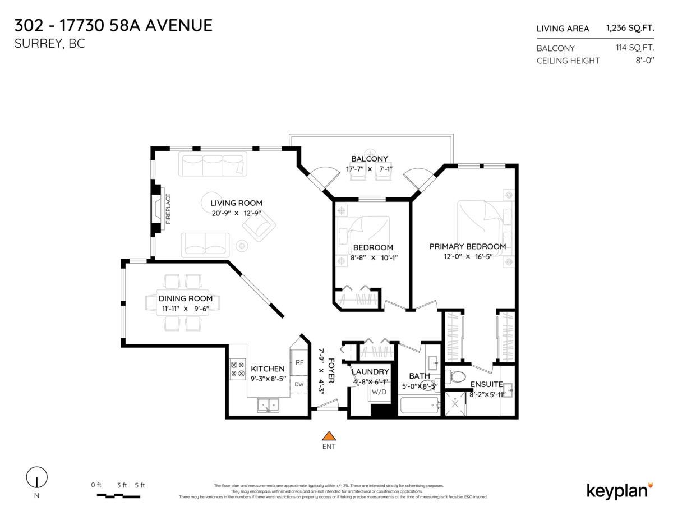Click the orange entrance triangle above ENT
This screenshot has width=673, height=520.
tap(329, 436)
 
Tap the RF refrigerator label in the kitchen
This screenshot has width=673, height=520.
tap(299, 363)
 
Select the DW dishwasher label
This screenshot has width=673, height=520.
tap(299, 384)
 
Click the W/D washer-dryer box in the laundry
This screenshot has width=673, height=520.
tap(379, 392)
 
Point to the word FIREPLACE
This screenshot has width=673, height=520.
tap(168, 209)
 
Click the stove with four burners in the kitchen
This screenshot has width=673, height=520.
tap(238, 369)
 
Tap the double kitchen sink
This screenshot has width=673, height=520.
tap(268, 405)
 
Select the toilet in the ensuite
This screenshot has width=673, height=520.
tap(456, 377)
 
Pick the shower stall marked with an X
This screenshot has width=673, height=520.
tap(455, 403)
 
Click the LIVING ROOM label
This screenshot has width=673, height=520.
tap(236, 203)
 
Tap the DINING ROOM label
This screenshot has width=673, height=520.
tap(186, 298)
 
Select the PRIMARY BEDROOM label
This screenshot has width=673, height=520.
tap(468, 246)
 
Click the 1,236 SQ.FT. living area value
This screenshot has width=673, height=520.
tap(630, 28)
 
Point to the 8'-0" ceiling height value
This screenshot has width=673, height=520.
tap(645, 61)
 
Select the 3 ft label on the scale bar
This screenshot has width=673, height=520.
tap(122, 485)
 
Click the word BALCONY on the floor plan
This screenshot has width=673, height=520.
tap(369, 159)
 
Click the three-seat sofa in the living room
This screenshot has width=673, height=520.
tap(213, 164)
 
